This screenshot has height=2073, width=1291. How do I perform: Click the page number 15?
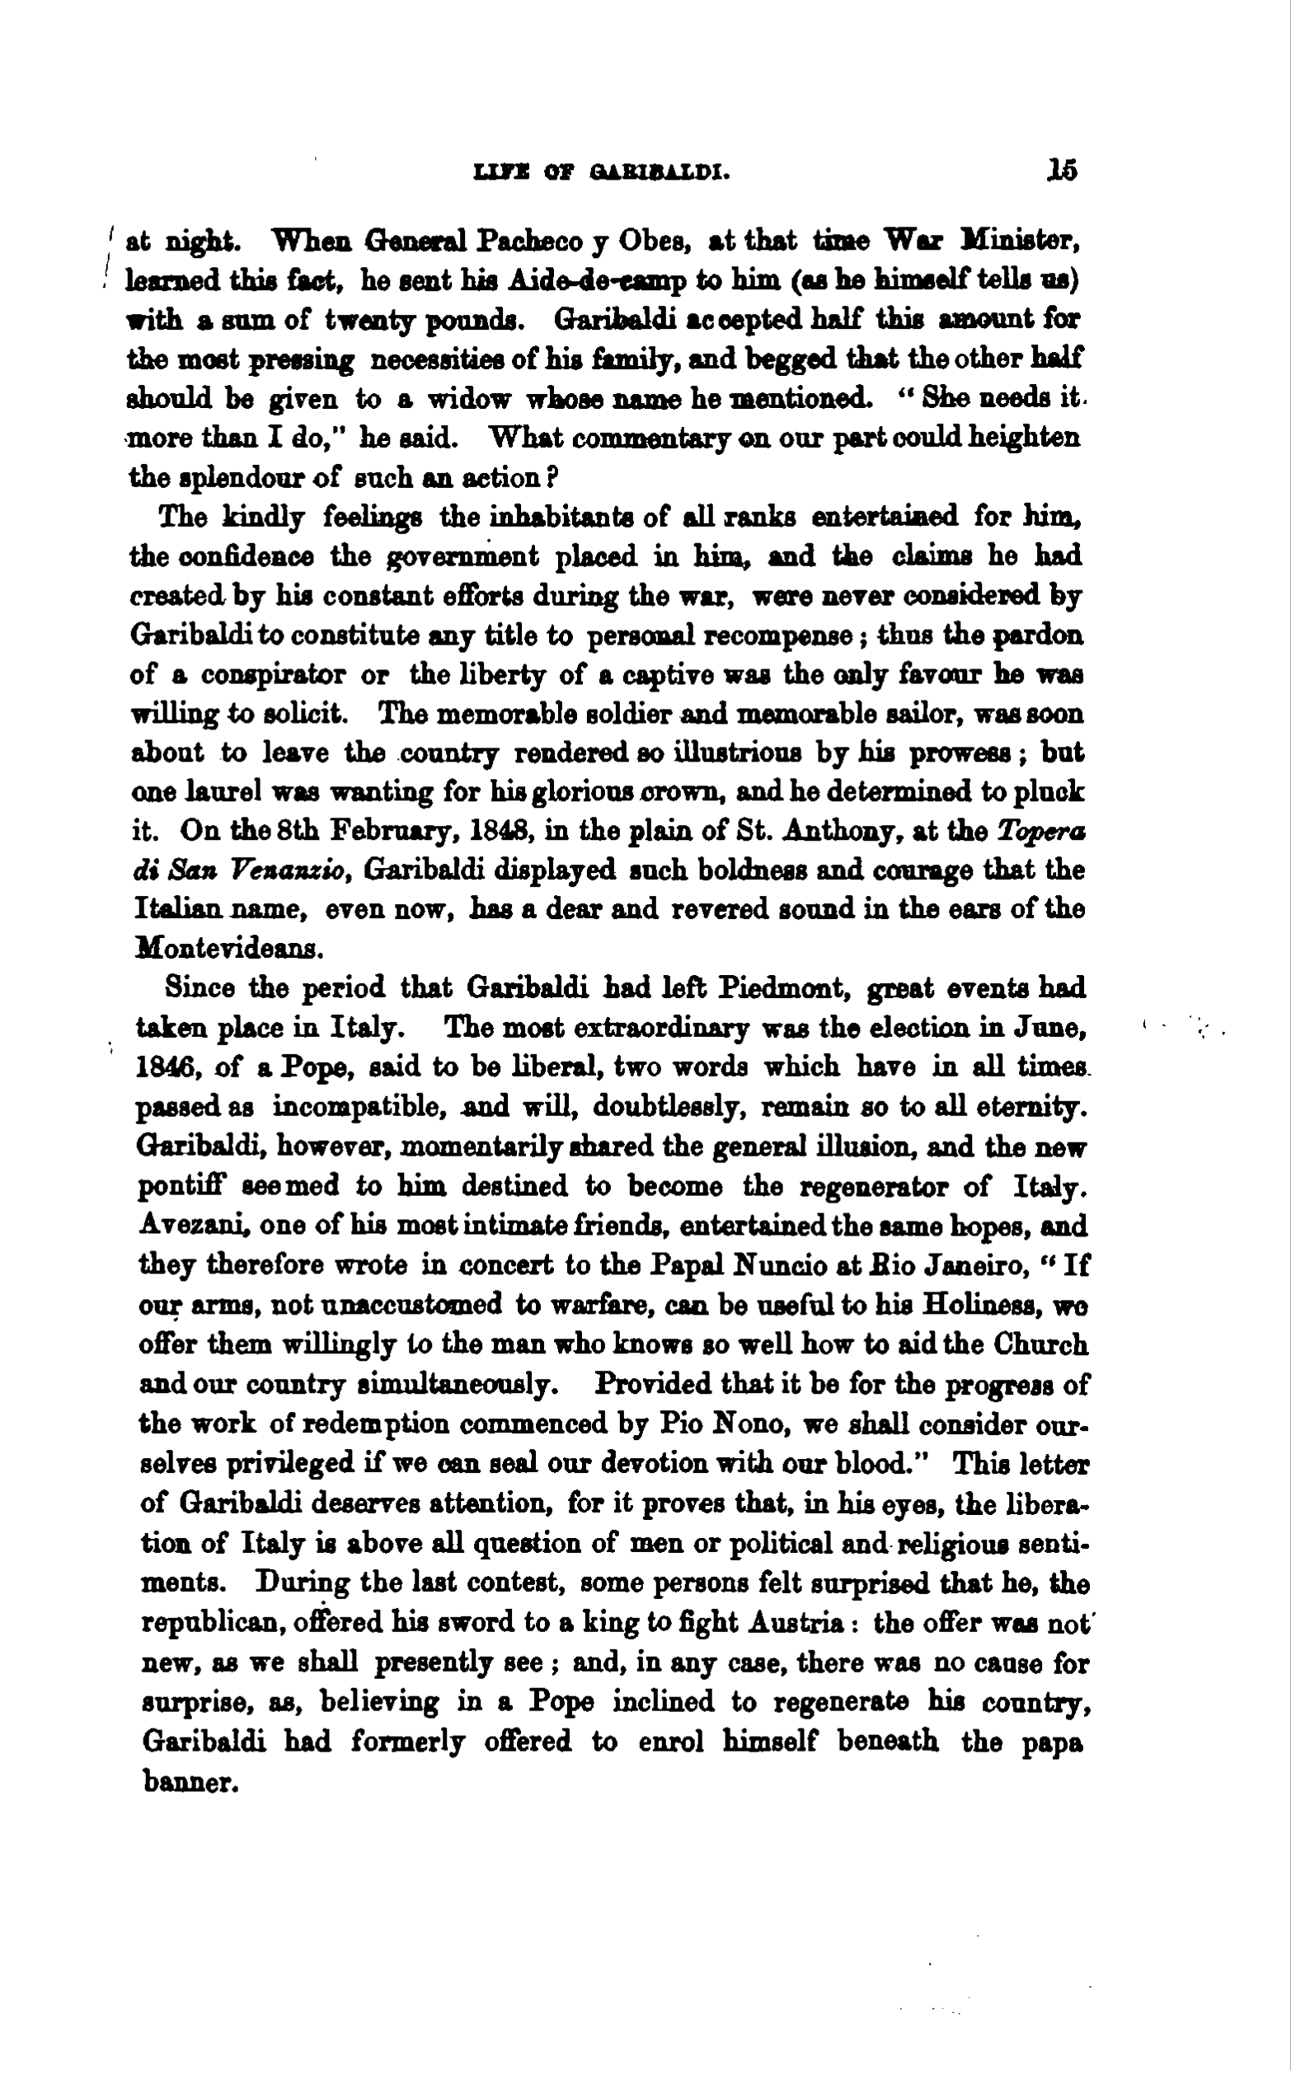coord(1063,170)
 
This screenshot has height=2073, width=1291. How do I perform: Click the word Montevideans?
coord(228,949)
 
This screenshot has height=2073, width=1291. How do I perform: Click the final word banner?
coord(187,1782)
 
